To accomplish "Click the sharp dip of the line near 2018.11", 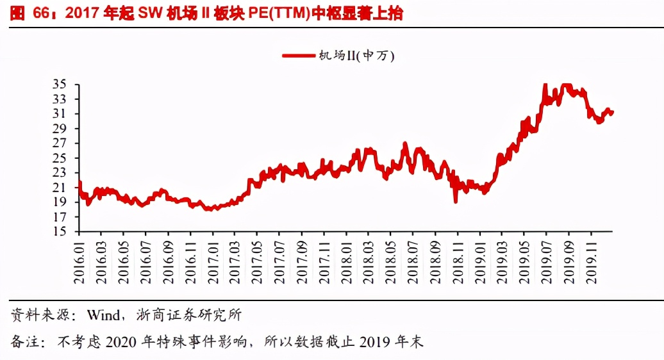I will point(455,201).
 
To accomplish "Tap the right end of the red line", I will point(613,113).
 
